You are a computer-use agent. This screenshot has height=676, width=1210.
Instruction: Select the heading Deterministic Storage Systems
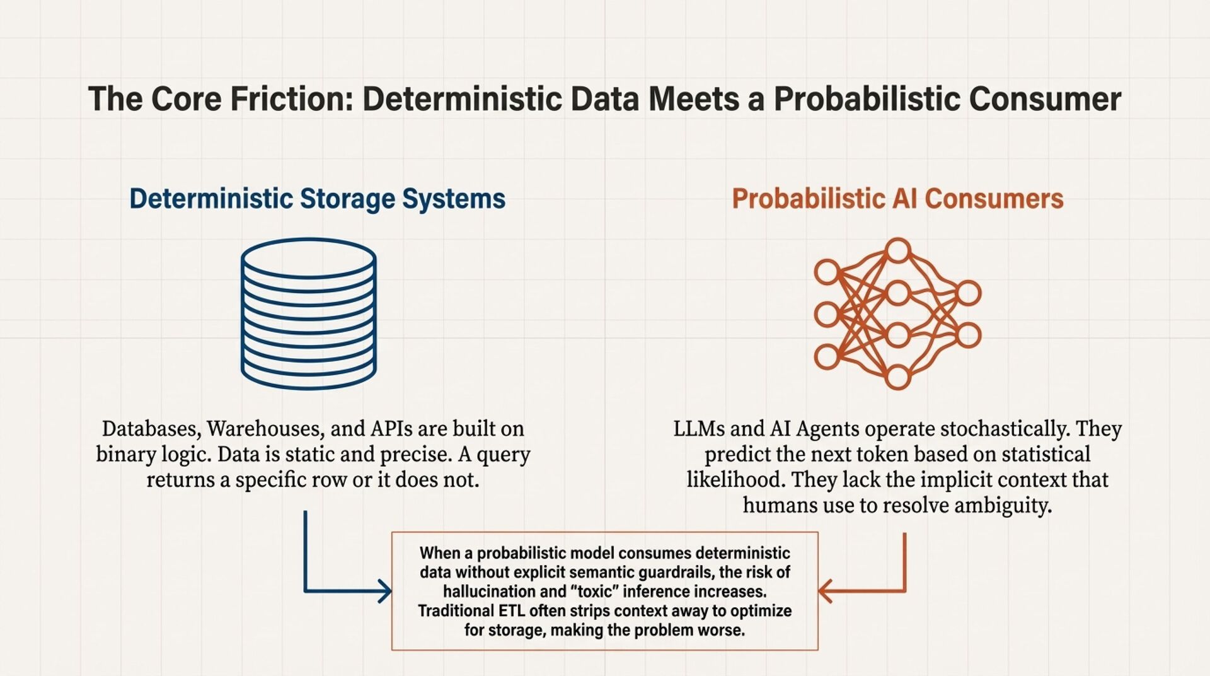point(317,199)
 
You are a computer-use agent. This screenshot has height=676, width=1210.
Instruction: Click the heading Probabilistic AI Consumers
point(897,199)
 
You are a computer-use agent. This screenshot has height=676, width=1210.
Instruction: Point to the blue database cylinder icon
point(309,313)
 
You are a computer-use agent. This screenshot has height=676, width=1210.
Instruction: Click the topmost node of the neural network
point(897,250)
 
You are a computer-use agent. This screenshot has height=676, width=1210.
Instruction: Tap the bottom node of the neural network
point(897,377)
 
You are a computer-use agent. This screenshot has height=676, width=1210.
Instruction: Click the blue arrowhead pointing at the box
point(384,591)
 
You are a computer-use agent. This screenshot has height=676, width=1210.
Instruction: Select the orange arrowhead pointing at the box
point(826,591)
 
